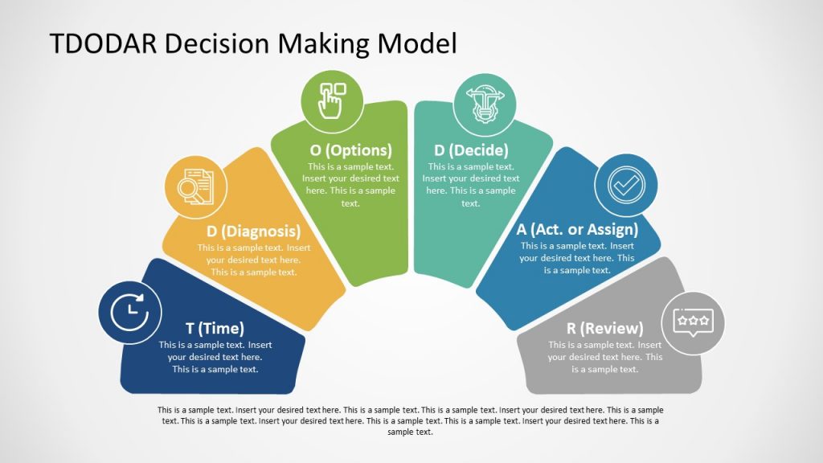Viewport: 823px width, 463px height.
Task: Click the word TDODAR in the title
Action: click(x=104, y=43)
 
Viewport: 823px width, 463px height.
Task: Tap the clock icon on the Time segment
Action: click(x=129, y=313)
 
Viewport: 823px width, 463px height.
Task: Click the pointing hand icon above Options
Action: click(x=332, y=101)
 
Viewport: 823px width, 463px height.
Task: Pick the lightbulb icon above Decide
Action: click(x=485, y=102)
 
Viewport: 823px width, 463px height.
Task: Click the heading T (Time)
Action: click(x=215, y=328)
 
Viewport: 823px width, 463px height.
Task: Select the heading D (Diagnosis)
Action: click(x=253, y=231)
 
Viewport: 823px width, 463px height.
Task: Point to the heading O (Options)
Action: click(x=351, y=150)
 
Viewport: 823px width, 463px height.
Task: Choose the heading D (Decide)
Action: click(x=471, y=150)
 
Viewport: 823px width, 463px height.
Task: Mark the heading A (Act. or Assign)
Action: click(x=577, y=230)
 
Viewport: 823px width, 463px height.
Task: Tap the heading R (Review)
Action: click(x=605, y=328)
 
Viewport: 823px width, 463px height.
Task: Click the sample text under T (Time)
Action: click(x=215, y=357)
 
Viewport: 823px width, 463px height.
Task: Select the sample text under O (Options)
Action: click(x=351, y=185)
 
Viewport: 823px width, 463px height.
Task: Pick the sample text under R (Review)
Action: click(x=605, y=357)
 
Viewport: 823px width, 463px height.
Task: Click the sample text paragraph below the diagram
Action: click(x=411, y=420)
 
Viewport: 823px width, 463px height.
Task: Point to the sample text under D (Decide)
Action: click(x=471, y=185)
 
